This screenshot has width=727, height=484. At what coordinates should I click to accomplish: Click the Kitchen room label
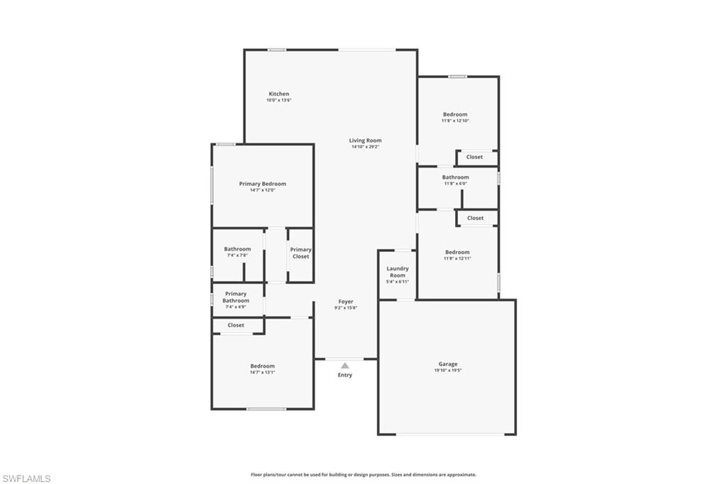(278, 94)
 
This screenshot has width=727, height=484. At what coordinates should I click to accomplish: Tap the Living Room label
(365, 141)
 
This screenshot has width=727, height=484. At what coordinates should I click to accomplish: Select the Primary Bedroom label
(262, 184)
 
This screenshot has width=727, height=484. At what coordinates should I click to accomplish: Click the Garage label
(447, 364)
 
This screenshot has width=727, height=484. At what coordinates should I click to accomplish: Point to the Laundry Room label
(398, 272)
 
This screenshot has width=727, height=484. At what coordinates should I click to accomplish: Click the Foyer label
(345, 302)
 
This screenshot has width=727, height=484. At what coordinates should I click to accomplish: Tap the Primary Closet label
(300, 253)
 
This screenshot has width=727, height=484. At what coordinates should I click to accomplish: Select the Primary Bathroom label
(236, 297)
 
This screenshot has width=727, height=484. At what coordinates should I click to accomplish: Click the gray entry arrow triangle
(345, 365)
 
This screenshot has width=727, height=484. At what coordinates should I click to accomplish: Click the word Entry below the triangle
(345, 375)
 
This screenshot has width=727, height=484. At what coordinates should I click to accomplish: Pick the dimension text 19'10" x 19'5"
(447, 370)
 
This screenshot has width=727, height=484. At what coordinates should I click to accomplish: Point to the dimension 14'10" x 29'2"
(365, 147)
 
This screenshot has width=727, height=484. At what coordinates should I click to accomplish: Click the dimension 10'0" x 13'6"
(278, 101)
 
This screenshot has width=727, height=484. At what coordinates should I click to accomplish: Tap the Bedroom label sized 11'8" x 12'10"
(455, 114)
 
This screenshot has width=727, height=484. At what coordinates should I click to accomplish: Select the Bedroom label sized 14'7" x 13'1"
(262, 366)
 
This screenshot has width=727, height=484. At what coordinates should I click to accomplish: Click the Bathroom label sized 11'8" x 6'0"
(455, 177)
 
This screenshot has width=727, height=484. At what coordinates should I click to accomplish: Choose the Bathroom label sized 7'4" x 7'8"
(237, 249)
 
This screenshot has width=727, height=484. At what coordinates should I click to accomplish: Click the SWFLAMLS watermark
(26, 478)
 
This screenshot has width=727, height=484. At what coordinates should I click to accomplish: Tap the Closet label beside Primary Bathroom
(236, 325)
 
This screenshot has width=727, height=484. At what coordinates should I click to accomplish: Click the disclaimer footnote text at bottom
(363, 475)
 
